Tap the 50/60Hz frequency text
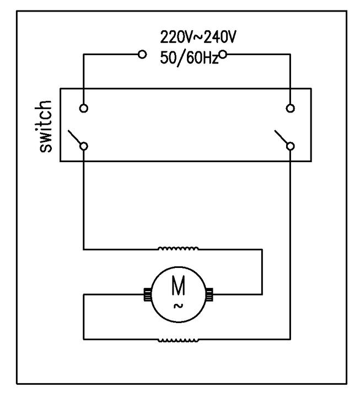pyautogui.click(x=189, y=56)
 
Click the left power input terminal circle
pyautogui.click(x=142, y=54)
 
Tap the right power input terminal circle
pyautogui.click(x=223, y=54)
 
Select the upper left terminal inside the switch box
pyautogui.click(x=84, y=108)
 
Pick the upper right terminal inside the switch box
pyautogui.click(x=290, y=108)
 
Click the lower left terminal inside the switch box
pyautogui.click(x=84, y=146)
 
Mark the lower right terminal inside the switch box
pyautogui.click(x=290, y=146)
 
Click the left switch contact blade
pyautogui.click(x=74, y=137)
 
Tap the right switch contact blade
pyautogui.click(x=281, y=137)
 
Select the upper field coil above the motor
pyautogui.click(x=179, y=248)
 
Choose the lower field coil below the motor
pyautogui.click(x=179, y=340)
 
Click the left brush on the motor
pyautogui.click(x=147, y=295)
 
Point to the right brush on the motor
pyautogui.click(x=210, y=295)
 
